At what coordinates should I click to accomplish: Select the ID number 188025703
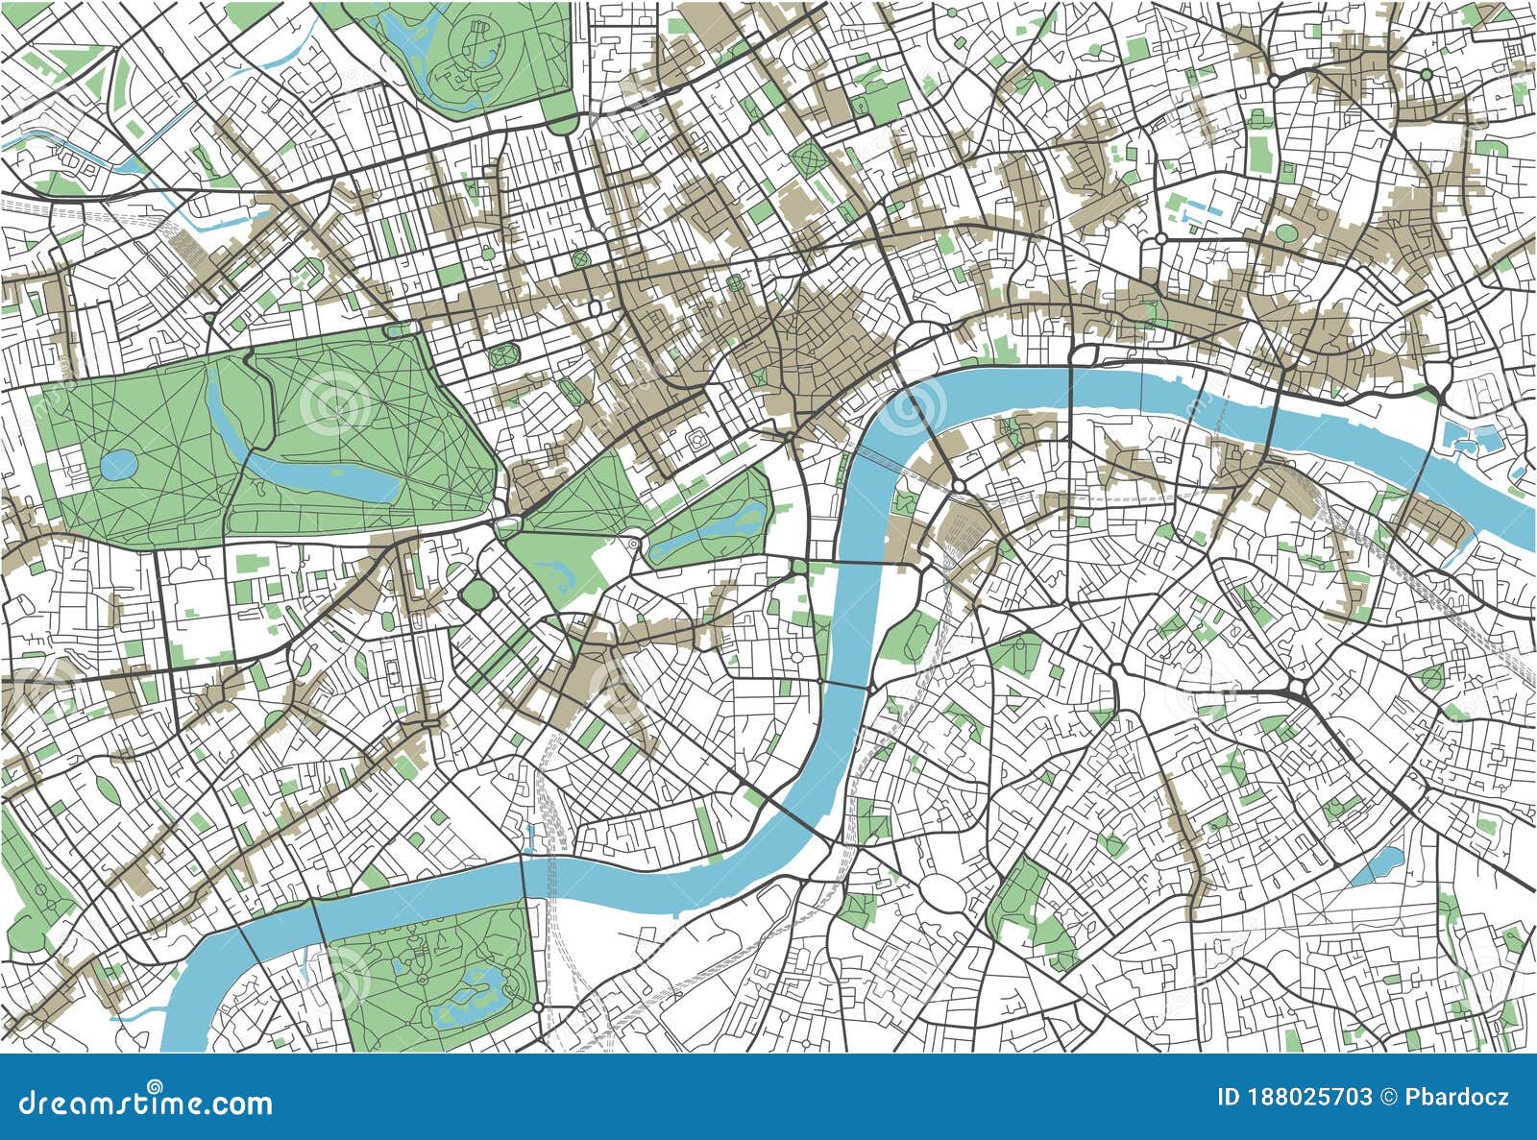tap(1307, 1098)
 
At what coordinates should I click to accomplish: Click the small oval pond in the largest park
tap(118, 466)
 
